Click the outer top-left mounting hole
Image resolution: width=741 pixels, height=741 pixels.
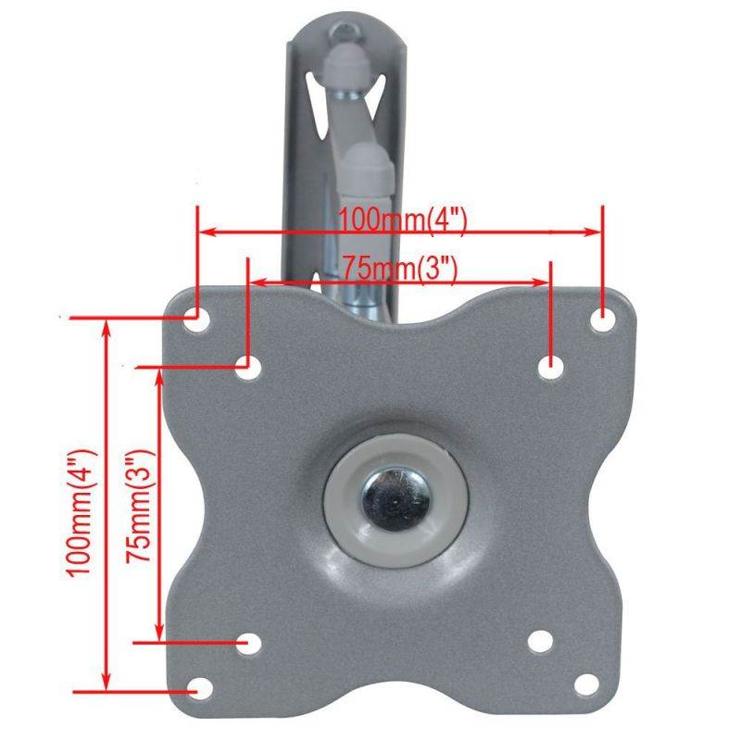coord(195,319)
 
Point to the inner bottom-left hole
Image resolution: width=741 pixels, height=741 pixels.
coord(247,643)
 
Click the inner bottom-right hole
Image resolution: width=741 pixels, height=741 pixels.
coord(540,642)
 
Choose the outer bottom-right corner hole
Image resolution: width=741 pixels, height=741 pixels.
coord(585,686)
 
